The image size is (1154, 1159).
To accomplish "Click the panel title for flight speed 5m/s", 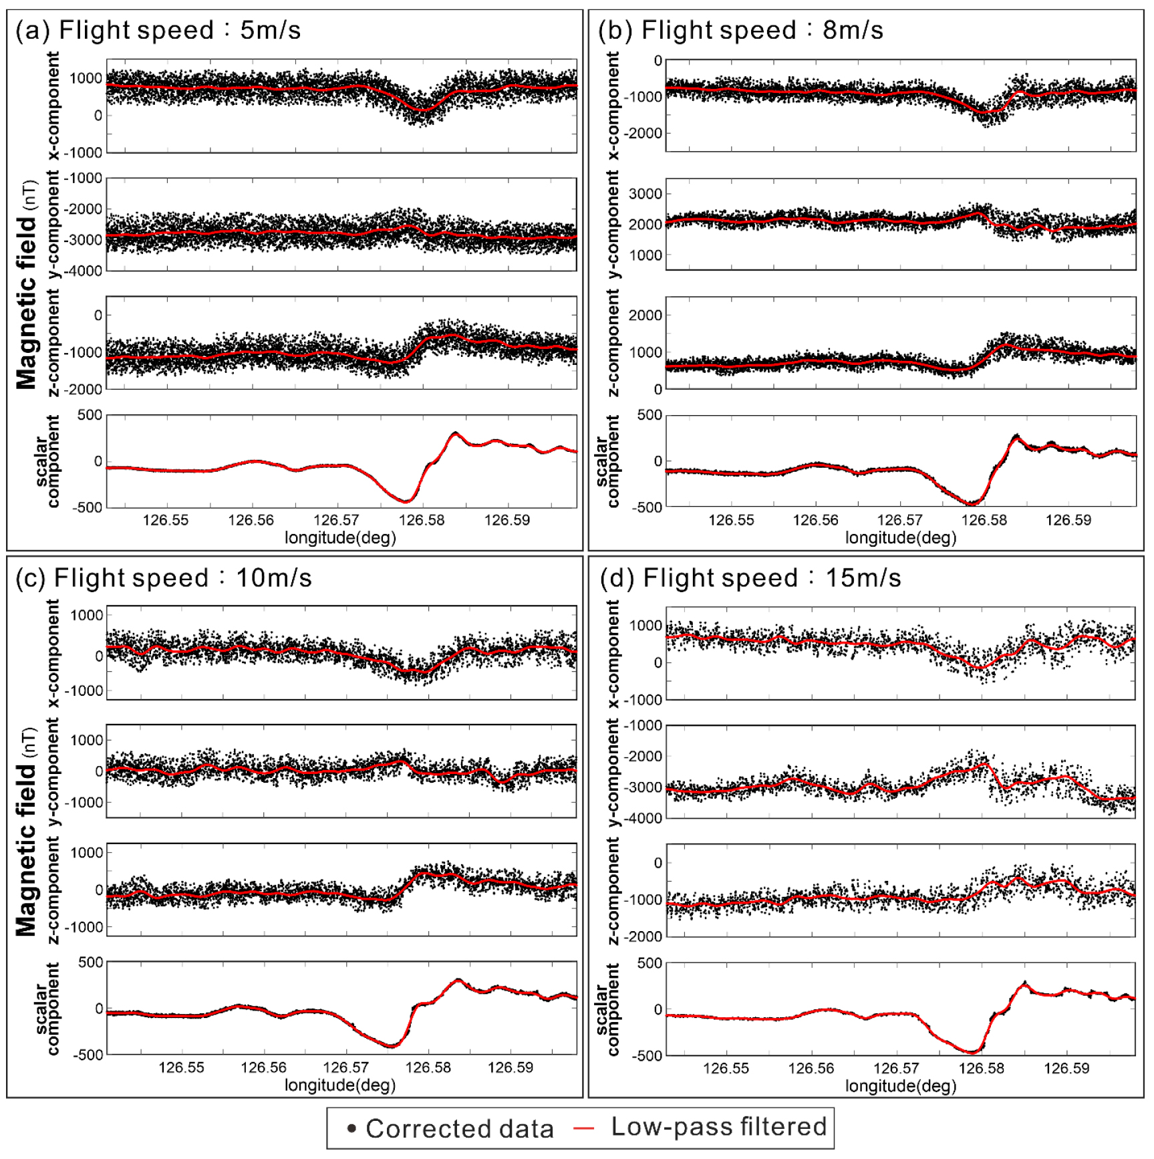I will tap(158, 31).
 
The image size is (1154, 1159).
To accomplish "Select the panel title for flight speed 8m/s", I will tap(741, 31).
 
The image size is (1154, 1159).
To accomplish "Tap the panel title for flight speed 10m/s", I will tap(164, 578).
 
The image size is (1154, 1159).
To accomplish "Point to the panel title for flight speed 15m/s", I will tap(750, 578).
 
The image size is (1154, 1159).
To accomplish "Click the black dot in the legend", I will tap(351, 1129).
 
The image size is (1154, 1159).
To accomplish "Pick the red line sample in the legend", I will tap(583, 1129).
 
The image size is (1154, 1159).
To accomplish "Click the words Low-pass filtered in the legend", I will tap(719, 1127).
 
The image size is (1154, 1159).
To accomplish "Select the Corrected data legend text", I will tap(460, 1129).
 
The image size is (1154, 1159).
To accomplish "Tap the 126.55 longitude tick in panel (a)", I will tap(166, 520).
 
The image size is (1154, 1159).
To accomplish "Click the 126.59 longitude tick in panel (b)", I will tap(1068, 520).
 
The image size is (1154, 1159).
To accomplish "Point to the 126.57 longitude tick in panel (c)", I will tap(345, 1067).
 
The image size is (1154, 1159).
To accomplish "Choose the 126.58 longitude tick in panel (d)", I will tap(981, 1068).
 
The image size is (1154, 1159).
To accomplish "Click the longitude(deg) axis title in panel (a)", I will tap(340, 537).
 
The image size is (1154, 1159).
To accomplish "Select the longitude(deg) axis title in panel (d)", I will tap(900, 1086).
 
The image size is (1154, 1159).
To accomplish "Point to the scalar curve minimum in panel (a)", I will tap(406, 501).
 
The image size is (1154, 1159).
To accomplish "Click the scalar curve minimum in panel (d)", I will tap(974, 1052).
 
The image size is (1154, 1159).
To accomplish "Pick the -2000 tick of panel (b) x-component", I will tap(643, 133).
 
